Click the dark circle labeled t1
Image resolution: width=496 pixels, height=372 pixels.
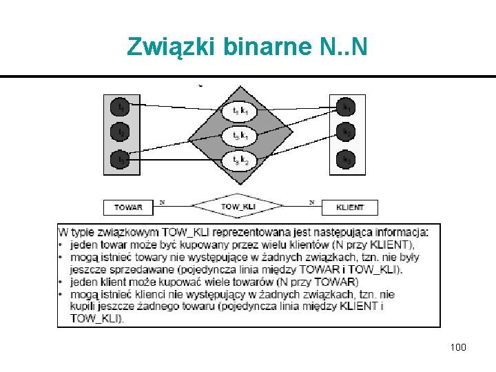pyautogui.click(x=120, y=107)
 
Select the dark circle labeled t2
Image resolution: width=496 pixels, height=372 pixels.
pyautogui.click(x=120, y=132)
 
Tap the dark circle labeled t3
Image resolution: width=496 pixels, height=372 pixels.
pyautogui.click(x=120, y=159)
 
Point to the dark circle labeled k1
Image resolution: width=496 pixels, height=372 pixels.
pyautogui.click(x=346, y=107)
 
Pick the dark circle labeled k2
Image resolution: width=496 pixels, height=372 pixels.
pyautogui.click(x=346, y=132)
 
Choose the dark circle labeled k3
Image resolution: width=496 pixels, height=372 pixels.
pyautogui.click(x=346, y=159)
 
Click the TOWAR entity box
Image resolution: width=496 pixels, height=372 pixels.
pyautogui.click(x=128, y=207)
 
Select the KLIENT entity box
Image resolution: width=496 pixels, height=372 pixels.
pyautogui.click(x=349, y=207)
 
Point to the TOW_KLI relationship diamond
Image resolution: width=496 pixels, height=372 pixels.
pyautogui.click(x=238, y=206)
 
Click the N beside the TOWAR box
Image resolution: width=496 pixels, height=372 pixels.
pyautogui.click(x=162, y=202)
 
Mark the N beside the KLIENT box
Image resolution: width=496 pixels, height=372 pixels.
pyautogui.click(x=311, y=202)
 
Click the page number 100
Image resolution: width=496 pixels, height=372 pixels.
pyautogui.click(x=458, y=347)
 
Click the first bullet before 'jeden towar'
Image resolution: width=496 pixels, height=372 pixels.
pyautogui.click(x=62, y=245)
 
